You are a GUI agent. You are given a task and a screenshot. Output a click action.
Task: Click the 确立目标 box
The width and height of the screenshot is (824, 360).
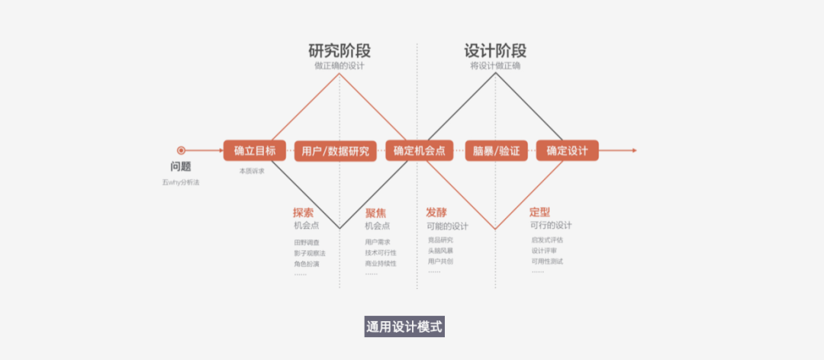coord(255,150)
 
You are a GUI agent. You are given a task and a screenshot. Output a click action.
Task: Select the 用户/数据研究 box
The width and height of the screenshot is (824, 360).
coord(336,151)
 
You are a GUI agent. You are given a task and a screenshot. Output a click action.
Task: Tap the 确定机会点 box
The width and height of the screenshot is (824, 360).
coord(419,151)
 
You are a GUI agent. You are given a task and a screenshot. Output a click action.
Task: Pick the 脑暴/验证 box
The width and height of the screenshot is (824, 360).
coord(496,151)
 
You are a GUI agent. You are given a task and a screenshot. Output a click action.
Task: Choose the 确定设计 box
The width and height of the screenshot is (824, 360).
coord(567,151)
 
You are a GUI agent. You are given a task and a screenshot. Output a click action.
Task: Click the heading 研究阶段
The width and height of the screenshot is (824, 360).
coord(340,51)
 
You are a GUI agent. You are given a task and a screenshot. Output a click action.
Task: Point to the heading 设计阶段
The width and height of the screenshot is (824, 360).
coord(495,51)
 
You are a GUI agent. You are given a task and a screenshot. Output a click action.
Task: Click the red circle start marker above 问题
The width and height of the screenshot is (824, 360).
coord(181,150)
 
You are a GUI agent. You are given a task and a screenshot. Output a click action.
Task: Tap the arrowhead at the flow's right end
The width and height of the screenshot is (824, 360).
coord(632,150)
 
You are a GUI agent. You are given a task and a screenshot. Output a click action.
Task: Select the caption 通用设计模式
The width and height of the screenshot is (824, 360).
coord(404,327)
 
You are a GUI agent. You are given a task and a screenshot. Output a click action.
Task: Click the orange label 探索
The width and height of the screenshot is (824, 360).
coord(303,213)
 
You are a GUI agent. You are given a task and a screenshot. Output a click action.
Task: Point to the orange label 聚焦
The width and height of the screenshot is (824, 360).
coord(375,213)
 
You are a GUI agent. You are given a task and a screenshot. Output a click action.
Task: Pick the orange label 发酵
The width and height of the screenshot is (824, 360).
coord(436,213)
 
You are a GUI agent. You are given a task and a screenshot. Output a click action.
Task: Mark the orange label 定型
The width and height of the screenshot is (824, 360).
coord(539,213)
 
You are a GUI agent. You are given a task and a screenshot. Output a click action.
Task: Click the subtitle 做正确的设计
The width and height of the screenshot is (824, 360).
coord(340,66)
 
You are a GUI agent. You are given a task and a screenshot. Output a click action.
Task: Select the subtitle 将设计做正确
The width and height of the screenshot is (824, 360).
coord(495,66)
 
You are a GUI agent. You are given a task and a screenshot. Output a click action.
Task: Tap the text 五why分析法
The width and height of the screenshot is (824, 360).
coord(181,182)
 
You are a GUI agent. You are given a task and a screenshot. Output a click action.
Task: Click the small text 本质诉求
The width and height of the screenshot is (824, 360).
coord(252,171)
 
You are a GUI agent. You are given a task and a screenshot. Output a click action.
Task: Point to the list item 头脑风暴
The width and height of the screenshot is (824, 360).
coord(440,250)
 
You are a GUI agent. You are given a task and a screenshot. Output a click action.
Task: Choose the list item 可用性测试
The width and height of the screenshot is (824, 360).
coord(547,262)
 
